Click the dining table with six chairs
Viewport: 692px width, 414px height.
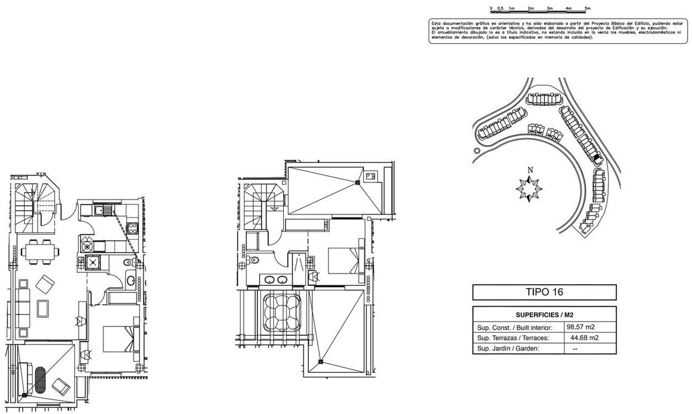[x=41, y=251]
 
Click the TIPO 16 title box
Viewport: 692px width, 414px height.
[x=544, y=292]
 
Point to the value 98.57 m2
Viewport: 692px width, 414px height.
[x=581, y=327]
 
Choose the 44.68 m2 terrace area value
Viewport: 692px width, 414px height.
[x=583, y=338]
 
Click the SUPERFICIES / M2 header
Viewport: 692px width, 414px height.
[x=544, y=314]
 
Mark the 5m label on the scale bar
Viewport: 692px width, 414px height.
[x=587, y=9]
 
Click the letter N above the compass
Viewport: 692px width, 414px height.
[x=529, y=170]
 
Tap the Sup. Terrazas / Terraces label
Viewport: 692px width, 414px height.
[x=512, y=338]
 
